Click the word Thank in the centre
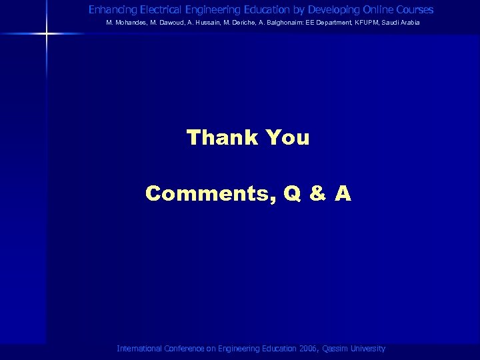[223, 138]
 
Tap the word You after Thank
[287, 138]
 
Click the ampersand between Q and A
[318, 194]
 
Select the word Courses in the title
[413, 10]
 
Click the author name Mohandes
[127, 23]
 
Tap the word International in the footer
[139, 349]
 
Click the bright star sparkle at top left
[47, 33]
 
